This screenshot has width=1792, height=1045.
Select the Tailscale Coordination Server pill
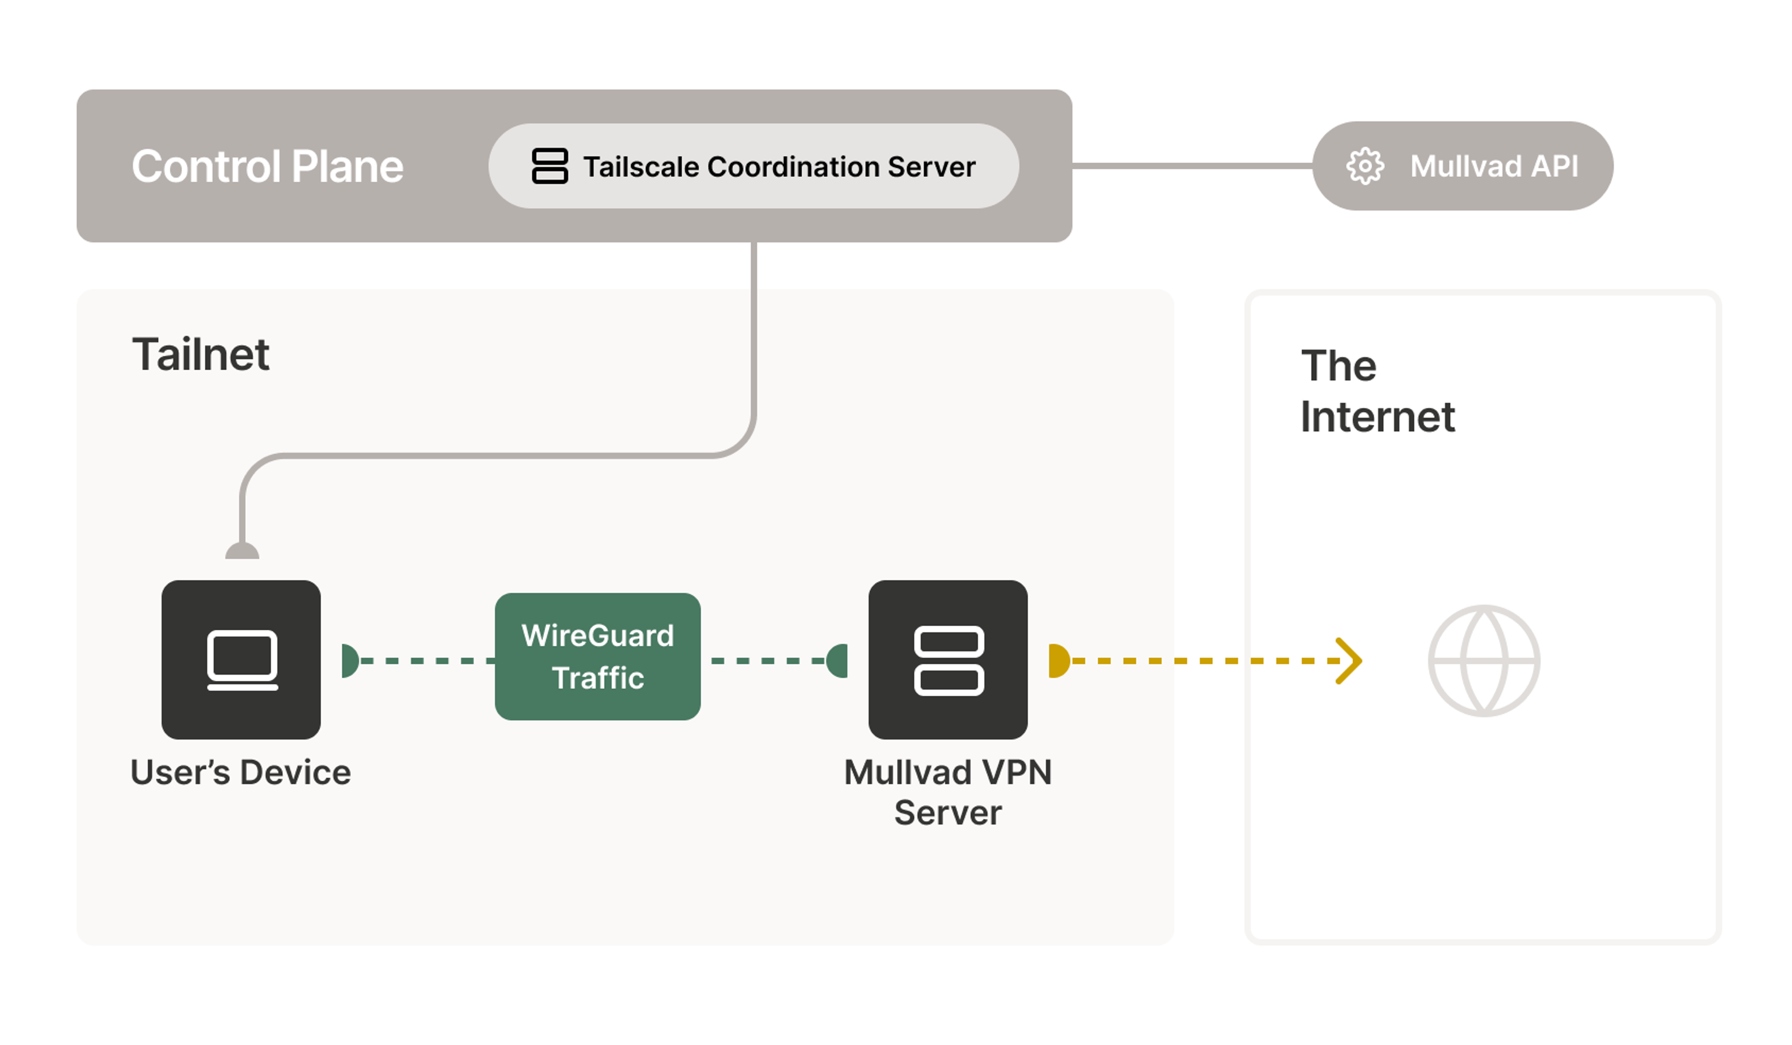tap(754, 166)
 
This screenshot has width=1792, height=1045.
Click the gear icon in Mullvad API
tap(1365, 166)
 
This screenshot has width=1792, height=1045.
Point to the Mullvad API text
tap(1493, 166)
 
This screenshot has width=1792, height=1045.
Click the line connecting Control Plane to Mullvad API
tap(1191, 166)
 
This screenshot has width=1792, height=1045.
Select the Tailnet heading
tap(201, 354)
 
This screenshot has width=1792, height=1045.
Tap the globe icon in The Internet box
tap(1484, 660)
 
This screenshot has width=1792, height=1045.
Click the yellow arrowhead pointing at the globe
tap(1349, 660)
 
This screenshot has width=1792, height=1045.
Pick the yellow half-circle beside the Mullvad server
tap(1058, 660)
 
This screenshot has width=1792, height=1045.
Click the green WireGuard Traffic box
tap(597, 656)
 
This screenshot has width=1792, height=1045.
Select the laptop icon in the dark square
tap(242, 659)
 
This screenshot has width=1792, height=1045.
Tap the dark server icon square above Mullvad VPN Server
tap(947, 659)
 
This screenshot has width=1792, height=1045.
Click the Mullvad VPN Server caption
tap(947, 792)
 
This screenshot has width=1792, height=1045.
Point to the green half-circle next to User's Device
tap(349, 660)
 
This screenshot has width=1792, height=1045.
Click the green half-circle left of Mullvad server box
tap(839, 660)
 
